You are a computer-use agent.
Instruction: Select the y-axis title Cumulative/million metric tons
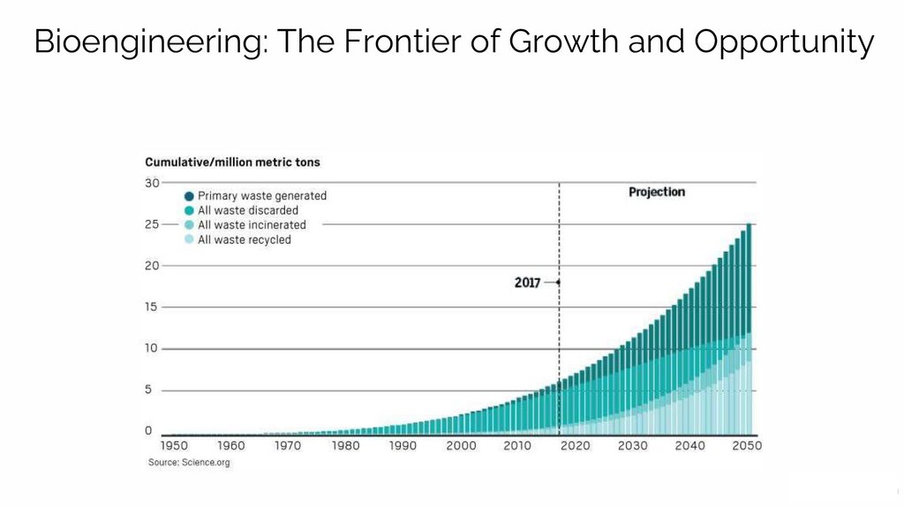point(232,163)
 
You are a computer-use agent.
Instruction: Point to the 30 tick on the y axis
point(153,183)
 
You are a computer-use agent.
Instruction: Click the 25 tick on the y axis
point(153,224)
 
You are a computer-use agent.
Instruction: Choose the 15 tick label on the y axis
point(153,307)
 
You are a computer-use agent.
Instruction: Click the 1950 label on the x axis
point(174,446)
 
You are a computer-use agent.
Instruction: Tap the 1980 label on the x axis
point(345,446)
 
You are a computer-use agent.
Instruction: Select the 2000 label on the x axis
point(461,446)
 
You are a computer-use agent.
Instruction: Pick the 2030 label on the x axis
point(632,446)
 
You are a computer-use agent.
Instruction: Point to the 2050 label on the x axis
point(746,446)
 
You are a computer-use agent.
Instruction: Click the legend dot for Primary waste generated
point(189,196)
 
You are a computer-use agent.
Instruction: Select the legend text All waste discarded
point(248,211)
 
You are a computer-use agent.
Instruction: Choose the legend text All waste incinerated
point(252,225)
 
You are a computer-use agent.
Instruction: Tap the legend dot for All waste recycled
point(189,240)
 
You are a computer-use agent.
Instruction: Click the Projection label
point(656,192)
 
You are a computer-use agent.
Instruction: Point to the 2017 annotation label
point(527,283)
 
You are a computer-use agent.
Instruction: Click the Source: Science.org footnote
point(189,463)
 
